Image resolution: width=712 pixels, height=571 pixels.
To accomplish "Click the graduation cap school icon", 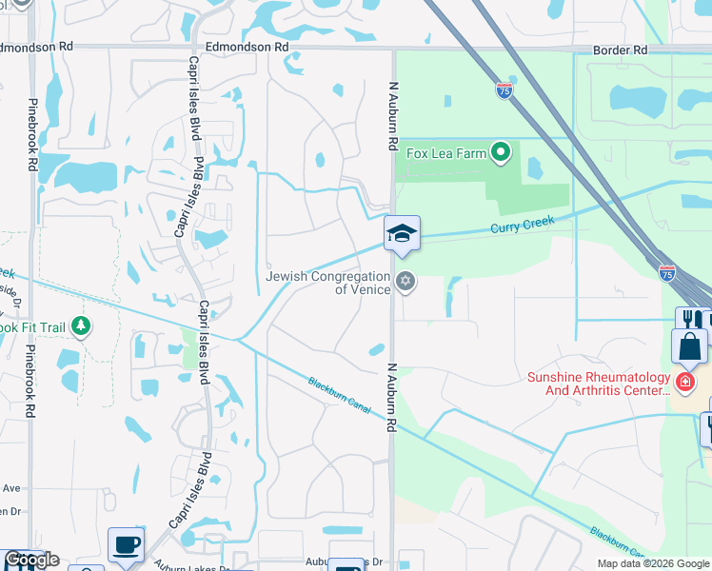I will (402, 233).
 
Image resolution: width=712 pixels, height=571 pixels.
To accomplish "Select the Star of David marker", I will (406, 281).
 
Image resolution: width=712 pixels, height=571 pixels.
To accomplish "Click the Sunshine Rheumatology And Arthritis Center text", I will (599, 384).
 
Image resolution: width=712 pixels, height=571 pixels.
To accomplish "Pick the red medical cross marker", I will (683, 383).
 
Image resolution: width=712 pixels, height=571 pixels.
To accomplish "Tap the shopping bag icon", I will (689, 346).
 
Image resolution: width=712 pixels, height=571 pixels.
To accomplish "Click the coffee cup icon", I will (127, 545).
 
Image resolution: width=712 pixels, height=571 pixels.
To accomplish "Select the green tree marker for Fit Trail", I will (81, 327).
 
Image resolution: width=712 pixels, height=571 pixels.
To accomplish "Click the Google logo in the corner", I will (32, 560).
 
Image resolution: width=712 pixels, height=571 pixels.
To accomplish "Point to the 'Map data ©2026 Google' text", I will (653, 563).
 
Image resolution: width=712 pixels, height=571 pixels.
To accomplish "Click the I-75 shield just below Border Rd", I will (504, 90).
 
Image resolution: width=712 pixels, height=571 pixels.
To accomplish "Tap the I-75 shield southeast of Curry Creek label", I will (667, 272).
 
